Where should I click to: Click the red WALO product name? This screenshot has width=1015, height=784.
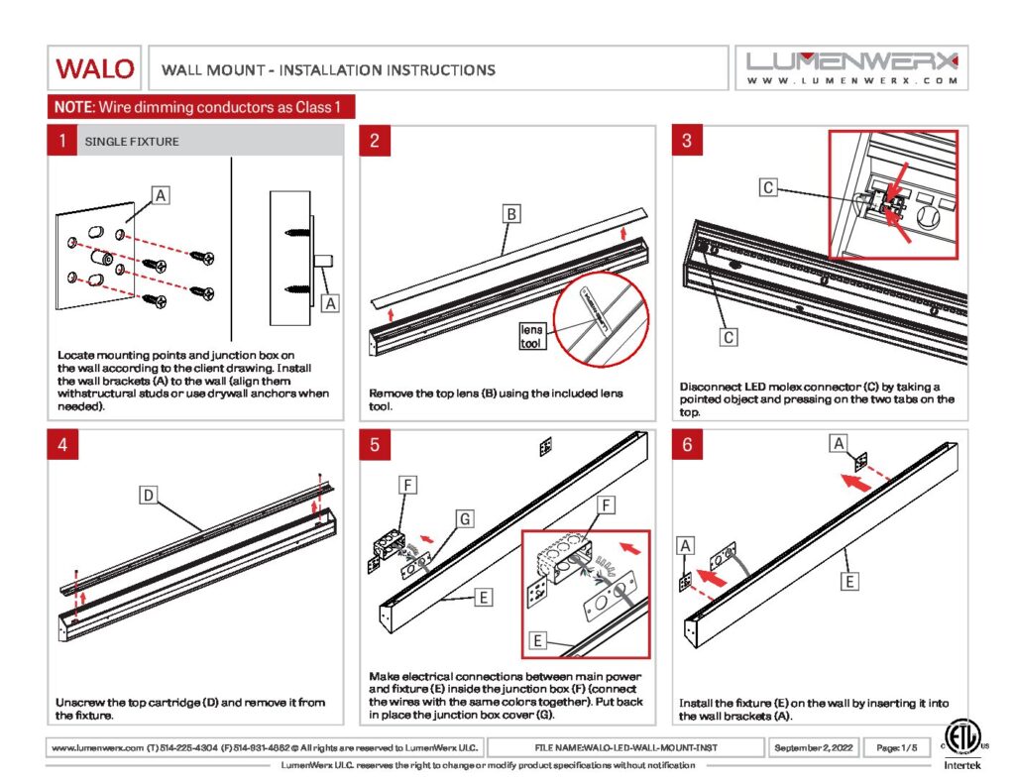(x=95, y=68)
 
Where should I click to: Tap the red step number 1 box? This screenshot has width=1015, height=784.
(x=61, y=141)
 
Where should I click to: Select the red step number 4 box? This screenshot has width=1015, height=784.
(x=61, y=445)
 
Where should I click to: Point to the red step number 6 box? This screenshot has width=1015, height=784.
(x=687, y=445)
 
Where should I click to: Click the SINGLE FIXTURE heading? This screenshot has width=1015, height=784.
(x=132, y=142)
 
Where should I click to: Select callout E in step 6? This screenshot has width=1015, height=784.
(x=849, y=582)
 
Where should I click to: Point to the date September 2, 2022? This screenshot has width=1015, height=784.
(x=812, y=746)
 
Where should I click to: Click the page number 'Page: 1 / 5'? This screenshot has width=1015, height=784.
(x=894, y=746)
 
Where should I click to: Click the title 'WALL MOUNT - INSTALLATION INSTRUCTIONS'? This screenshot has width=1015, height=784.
(x=328, y=69)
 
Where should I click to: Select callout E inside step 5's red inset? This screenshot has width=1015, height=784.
(x=537, y=641)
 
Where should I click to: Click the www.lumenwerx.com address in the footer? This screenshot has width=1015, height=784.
(x=91, y=746)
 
